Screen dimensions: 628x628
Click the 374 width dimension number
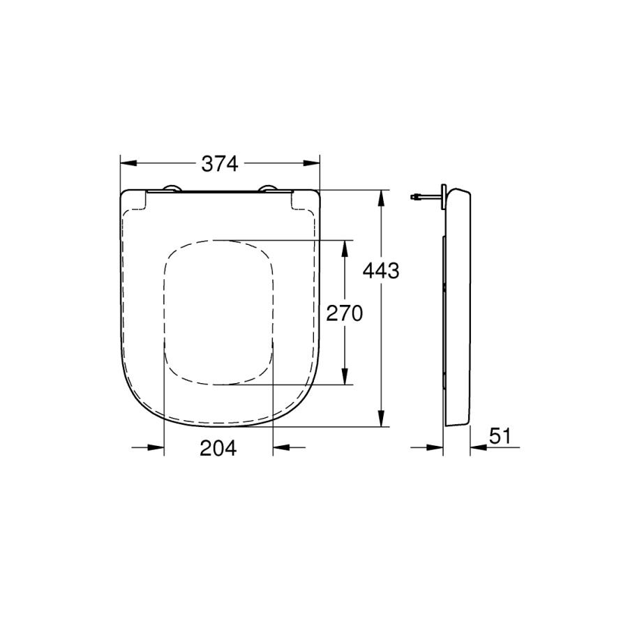220,164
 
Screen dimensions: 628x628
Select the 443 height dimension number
381,271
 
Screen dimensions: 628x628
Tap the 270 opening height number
345,313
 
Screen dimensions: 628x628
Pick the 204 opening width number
218,448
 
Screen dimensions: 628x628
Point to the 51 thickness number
500,435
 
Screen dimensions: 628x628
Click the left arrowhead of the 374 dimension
129,163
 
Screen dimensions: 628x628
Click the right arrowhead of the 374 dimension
312,163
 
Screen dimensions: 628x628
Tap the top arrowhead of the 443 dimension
382,198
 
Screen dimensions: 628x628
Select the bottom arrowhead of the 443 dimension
382,418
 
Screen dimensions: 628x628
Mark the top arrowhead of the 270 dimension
343,248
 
